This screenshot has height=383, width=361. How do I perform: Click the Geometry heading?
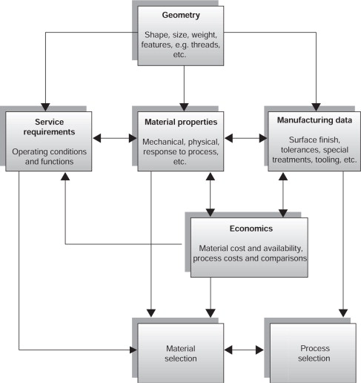click(181, 16)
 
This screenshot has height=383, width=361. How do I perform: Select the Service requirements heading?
click(49, 127)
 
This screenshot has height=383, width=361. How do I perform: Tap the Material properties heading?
click(181, 122)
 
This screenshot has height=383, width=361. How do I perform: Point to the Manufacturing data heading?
click(314, 120)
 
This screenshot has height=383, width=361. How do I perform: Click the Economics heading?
click(251, 229)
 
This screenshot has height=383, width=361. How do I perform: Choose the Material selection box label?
click(181, 353)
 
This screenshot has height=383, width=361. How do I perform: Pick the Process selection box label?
click(314, 353)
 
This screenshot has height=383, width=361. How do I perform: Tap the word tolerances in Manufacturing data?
click(299, 150)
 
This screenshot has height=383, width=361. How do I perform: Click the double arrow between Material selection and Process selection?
click(244, 350)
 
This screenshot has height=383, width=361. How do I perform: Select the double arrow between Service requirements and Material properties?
click(115, 138)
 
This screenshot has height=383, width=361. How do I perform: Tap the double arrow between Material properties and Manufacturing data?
click(246, 138)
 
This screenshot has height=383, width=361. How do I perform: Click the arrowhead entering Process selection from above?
click(343, 313)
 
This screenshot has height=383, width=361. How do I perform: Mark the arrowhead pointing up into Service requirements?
click(65, 177)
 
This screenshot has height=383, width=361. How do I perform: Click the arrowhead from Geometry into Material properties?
click(184, 107)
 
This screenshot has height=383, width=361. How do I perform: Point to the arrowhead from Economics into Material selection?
click(211, 313)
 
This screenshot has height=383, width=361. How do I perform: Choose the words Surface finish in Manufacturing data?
click(314, 140)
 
